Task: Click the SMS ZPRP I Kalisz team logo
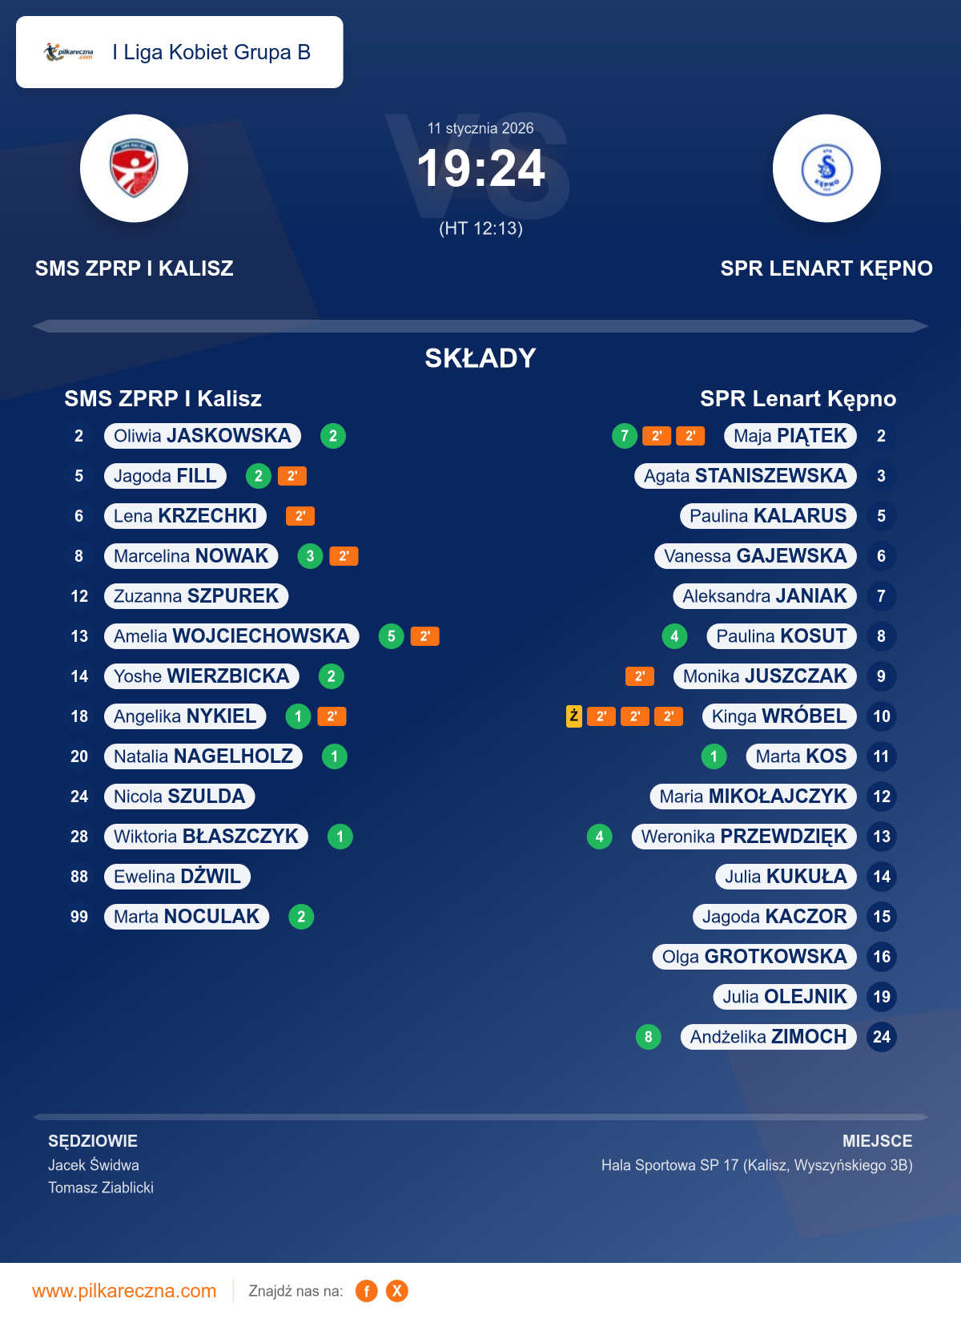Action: tap(134, 168)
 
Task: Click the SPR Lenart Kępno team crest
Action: tap(826, 168)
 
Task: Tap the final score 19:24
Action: tap(480, 169)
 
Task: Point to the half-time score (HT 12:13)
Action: tap(480, 228)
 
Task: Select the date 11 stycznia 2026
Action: tap(480, 128)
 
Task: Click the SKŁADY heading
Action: tap(480, 358)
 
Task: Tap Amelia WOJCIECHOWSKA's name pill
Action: tap(231, 636)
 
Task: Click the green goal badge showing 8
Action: tap(648, 1037)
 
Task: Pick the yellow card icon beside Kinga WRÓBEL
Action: tap(574, 716)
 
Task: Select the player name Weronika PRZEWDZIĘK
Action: tap(744, 837)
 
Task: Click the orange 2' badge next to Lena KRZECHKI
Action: tap(300, 516)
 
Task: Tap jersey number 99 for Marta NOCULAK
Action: tap(79, 917)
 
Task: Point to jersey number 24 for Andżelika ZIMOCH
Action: tap(882, 1037)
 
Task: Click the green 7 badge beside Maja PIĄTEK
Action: tap(625, 436)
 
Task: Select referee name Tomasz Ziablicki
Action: tap(101, 1188)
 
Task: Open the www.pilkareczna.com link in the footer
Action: tap(124, 1291)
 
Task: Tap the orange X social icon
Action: tap(397, 1291)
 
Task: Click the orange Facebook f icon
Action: tap(367, 1291)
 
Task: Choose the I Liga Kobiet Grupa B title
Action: tap(211, 52)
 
